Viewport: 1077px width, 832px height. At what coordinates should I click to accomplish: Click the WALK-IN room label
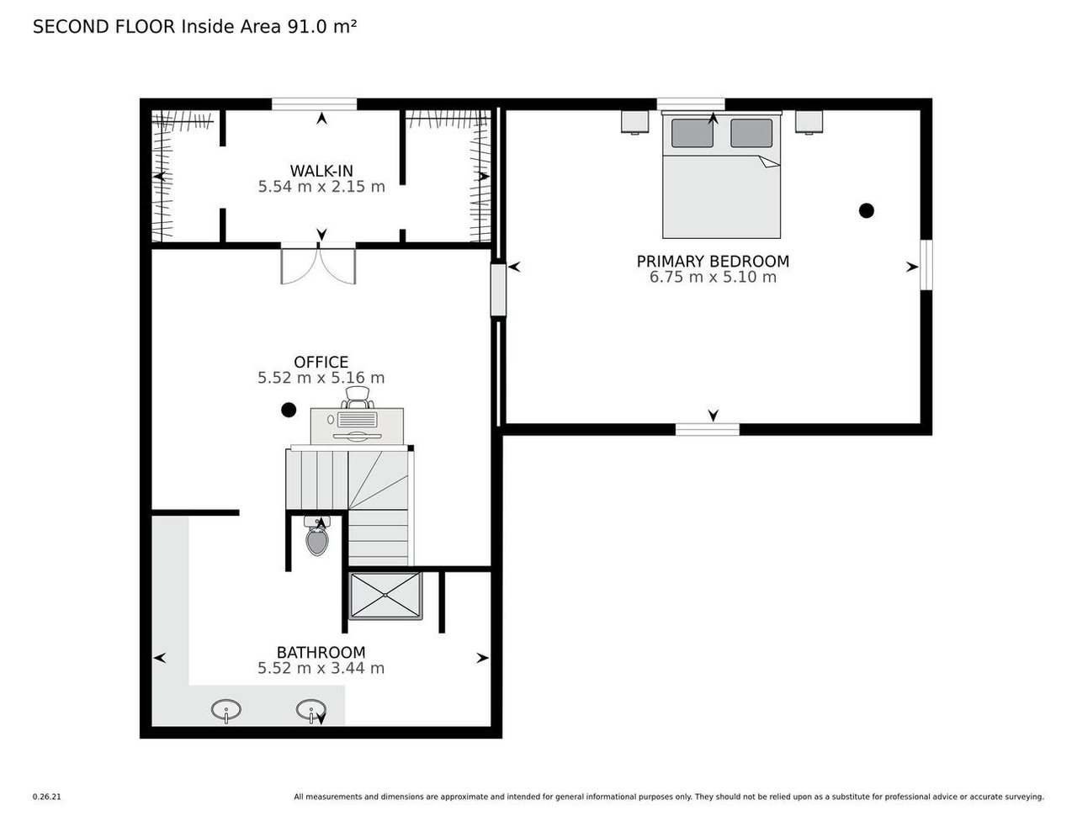321,171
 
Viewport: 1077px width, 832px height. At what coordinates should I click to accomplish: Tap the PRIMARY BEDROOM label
713,261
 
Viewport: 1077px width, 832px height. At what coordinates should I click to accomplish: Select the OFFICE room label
321,363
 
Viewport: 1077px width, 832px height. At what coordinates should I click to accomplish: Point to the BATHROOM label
321,652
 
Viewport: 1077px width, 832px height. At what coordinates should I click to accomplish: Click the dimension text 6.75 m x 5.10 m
713,277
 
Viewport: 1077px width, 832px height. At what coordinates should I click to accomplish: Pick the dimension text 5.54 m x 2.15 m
321,187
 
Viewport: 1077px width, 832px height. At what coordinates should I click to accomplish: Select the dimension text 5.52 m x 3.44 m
321,668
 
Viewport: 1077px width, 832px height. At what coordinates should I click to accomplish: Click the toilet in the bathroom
317,538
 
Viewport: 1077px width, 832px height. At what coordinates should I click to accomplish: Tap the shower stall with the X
385,596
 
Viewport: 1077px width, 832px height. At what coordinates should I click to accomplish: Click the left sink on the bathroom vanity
225,710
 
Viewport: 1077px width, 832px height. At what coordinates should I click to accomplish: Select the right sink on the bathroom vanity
310,710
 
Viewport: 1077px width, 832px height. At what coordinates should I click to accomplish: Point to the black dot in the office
289,411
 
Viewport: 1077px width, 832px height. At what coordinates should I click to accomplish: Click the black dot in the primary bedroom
866,210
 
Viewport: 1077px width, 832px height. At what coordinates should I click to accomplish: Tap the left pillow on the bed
692,133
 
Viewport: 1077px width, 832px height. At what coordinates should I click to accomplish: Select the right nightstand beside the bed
809,122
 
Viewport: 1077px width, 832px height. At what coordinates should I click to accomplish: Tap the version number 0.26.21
47,797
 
